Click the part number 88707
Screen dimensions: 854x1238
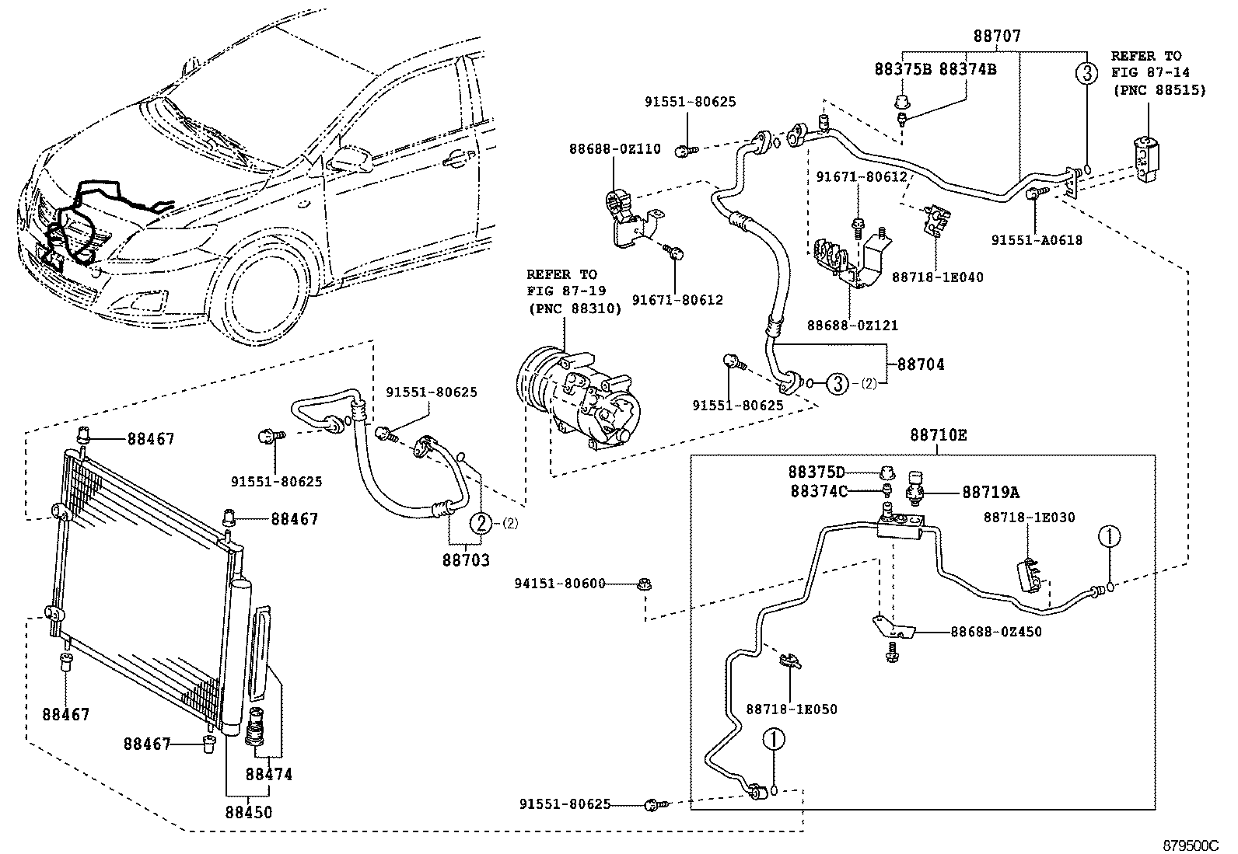pos(996,37)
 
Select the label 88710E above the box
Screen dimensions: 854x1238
pos(939,435)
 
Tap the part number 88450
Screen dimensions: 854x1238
pos(249,813)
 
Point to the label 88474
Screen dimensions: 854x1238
pos(269,774)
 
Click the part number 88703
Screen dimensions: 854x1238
pos(467,559)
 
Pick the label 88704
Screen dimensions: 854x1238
pos(921,364)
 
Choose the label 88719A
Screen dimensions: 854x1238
pos(990,492)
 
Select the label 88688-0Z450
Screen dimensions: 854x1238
pos(995,632)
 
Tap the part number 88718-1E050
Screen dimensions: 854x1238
pos(792,709)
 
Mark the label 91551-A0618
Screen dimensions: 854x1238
pos(1037,240)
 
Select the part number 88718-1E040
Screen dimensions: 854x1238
pos(937,277)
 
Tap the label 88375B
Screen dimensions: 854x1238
pos(903,69)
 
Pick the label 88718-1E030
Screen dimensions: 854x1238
pos(1029,518)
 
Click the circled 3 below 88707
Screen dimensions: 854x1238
pos(1086,74)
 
